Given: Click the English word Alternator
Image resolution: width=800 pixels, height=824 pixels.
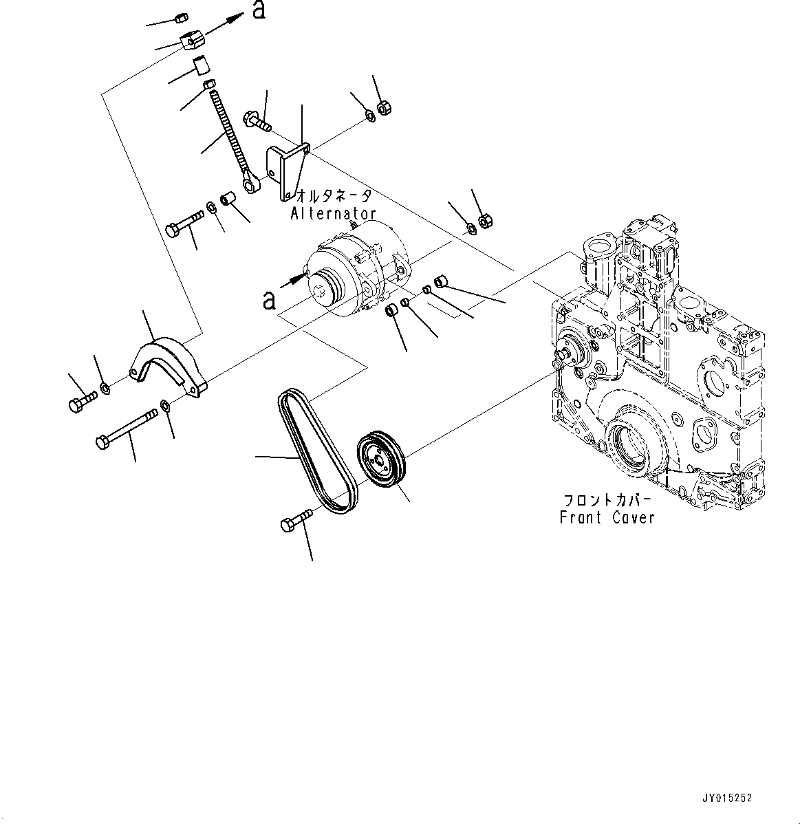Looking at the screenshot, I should coord(333,213).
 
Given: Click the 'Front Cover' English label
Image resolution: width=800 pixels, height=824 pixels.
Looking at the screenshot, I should coord(607,517).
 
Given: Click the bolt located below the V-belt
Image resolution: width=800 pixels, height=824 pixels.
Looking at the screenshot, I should coord(296,519).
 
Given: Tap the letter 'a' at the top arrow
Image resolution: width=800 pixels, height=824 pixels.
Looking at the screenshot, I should coord(259,10).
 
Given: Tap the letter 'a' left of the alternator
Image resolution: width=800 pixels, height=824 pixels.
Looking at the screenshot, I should coord(270,300).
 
